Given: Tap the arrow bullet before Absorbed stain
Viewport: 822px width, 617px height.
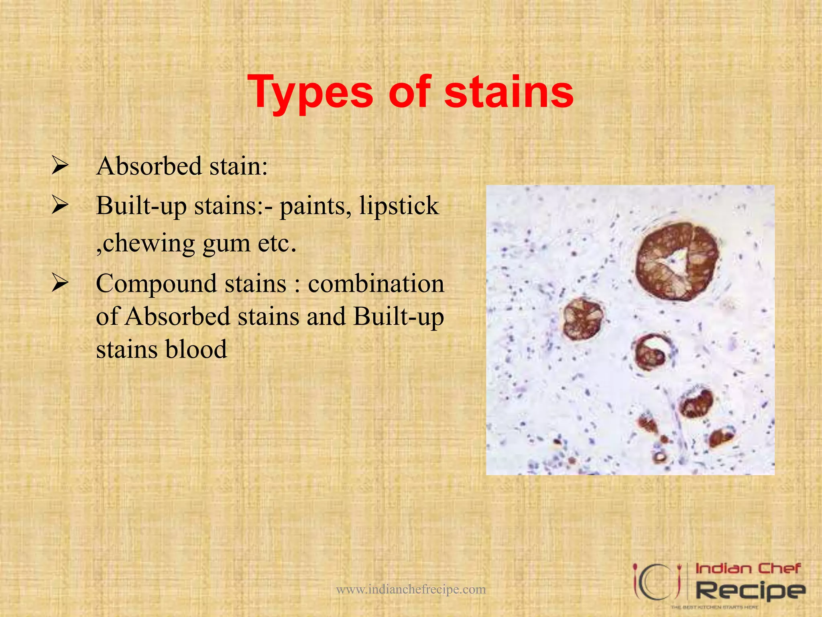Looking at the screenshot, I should (60, 166).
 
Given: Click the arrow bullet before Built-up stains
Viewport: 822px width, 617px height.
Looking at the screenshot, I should (60, 205).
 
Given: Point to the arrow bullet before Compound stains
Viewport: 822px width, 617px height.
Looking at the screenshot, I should (60, 284).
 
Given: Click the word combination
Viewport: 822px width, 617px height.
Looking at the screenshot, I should (376, 284).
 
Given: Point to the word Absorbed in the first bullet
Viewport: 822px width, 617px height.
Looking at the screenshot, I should (149, 166).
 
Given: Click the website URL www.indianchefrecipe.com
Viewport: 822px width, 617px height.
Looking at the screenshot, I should (411, 589).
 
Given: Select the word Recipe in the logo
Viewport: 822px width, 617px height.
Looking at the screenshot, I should (750, 590).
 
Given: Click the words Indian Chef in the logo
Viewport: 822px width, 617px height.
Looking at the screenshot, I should (747, 568).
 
